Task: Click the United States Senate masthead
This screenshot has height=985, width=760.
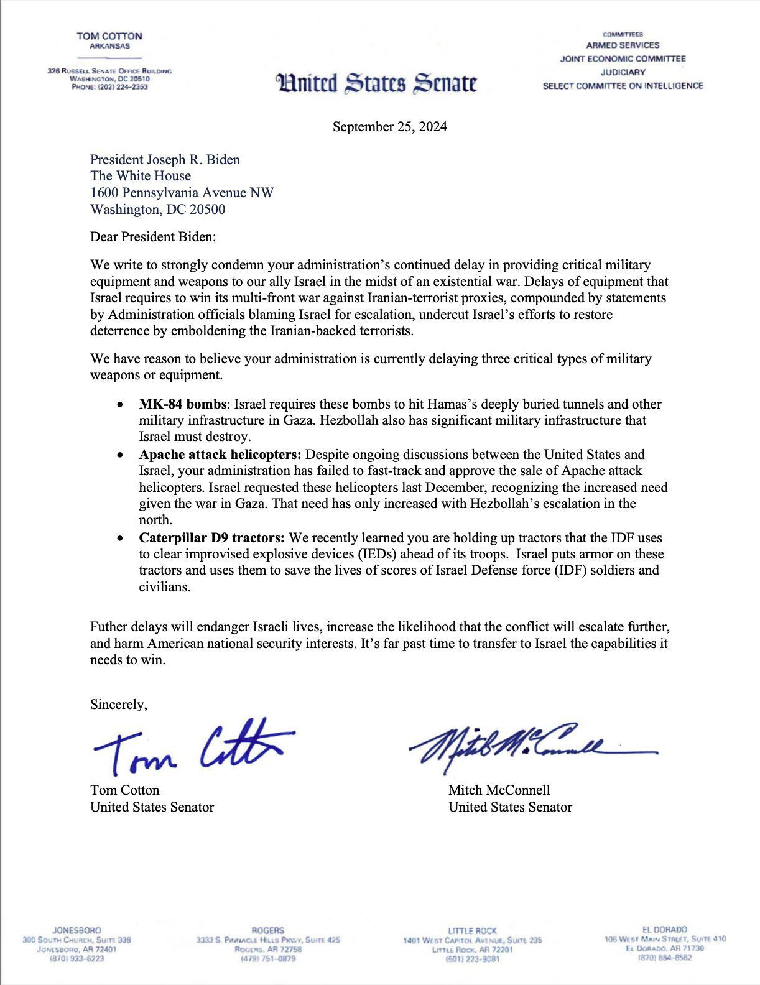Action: pyautogui.click(x=379, y=83)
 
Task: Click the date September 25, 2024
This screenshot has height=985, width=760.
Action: pyautogui.click(x=389, y=127)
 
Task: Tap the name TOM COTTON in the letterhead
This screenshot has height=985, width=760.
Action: pyautogui.click(x=109, y=36)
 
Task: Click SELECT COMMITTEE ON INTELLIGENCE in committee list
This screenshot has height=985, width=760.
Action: pyautogui.click(x=623, y=86)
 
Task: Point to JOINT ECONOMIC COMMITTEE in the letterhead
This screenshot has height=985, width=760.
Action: pyautogui.click(x=623, y=58)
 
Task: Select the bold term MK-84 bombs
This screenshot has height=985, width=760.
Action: pyautogui.click(x=182, y=404)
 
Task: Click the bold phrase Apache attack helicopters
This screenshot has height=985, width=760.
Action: pyautogui.click(x=220, y=455)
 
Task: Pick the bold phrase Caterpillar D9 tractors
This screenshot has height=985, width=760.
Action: pyautogui.click(x=212, y=537)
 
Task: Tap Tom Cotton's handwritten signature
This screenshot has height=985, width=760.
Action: pyautogui.click(x=193, y=745)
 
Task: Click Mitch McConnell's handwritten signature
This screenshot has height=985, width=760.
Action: pyautogui.click(x=529, y=743)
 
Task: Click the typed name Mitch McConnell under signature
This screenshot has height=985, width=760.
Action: pyautogui.click(x=499, y=790)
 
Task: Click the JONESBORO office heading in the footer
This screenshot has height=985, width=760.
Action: pyautogui.click(x=76, y=930)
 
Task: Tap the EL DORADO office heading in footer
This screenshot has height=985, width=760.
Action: pyautogui.click(x=665, y=930)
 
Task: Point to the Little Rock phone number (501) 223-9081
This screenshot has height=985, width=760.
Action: pyautogui.click(x=472, y=959)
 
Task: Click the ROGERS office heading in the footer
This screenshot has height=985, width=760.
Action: pyautogui.click(x=267, y=930)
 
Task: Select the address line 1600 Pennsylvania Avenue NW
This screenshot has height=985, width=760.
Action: pyautogui.click(x=182, y=193)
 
